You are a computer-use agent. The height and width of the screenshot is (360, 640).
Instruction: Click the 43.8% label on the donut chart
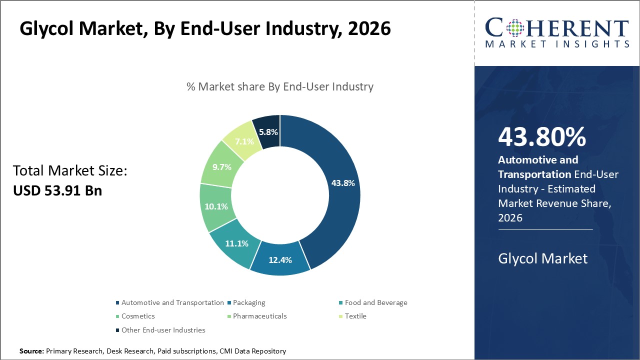[342, 183]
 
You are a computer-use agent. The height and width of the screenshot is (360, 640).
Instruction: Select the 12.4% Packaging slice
[279, 259]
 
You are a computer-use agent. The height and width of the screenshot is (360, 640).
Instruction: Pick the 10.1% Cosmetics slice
[216, 206]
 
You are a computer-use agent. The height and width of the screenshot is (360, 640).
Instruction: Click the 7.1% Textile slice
[244, 141]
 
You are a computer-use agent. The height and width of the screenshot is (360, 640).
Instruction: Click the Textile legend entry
[355, 316]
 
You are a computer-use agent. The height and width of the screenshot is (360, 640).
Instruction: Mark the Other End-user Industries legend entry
[163, 330]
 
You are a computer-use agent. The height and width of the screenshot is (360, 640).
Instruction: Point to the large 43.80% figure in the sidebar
[541, 137]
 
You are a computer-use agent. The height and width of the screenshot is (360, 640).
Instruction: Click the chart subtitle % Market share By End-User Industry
[280, 86]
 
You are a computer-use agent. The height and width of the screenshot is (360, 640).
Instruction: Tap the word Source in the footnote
[31, 351]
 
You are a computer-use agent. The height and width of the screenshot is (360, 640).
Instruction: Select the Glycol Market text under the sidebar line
[542, 258]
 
